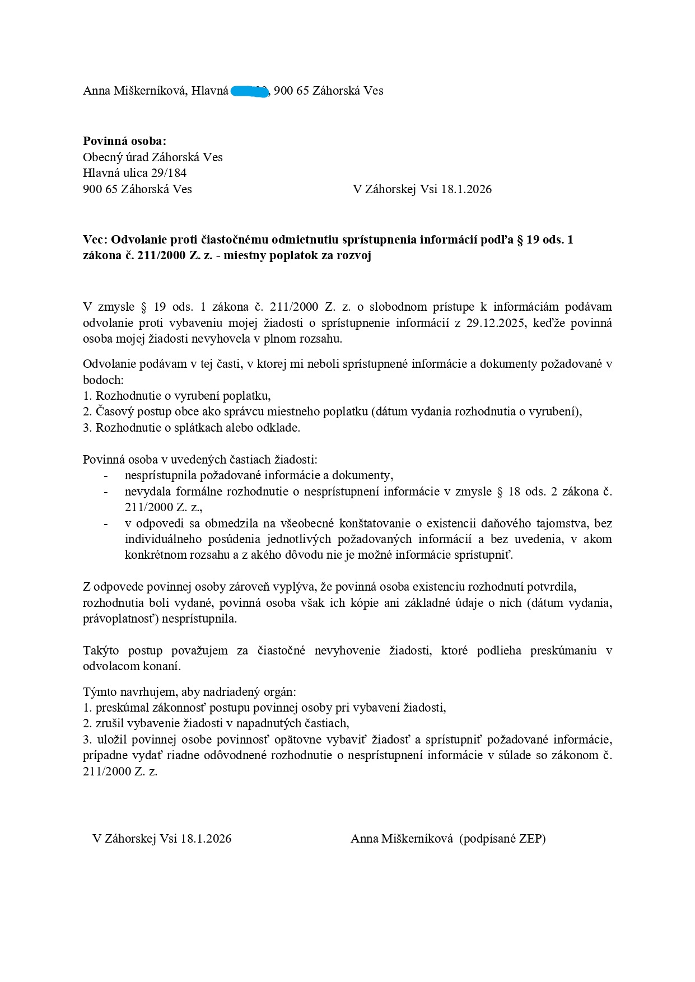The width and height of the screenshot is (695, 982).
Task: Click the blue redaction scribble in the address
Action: tap(250, 91)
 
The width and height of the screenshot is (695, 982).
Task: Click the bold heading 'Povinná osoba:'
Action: tap(124, 141)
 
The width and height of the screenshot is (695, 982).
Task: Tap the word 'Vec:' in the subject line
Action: tap(95, 240)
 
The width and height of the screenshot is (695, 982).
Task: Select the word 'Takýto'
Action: tap(100, 651)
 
